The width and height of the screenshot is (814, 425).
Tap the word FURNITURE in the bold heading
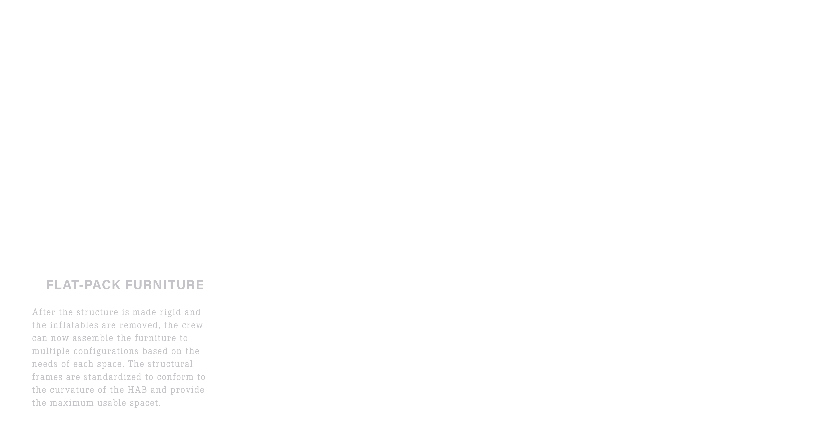(x=165, y=285)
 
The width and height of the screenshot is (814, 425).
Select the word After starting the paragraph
(x=44, y=312)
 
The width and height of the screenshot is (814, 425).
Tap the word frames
(x=47, y=377)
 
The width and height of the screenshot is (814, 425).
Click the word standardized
(x=113, y=377)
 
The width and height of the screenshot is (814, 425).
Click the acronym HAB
(x=137, y=390)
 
